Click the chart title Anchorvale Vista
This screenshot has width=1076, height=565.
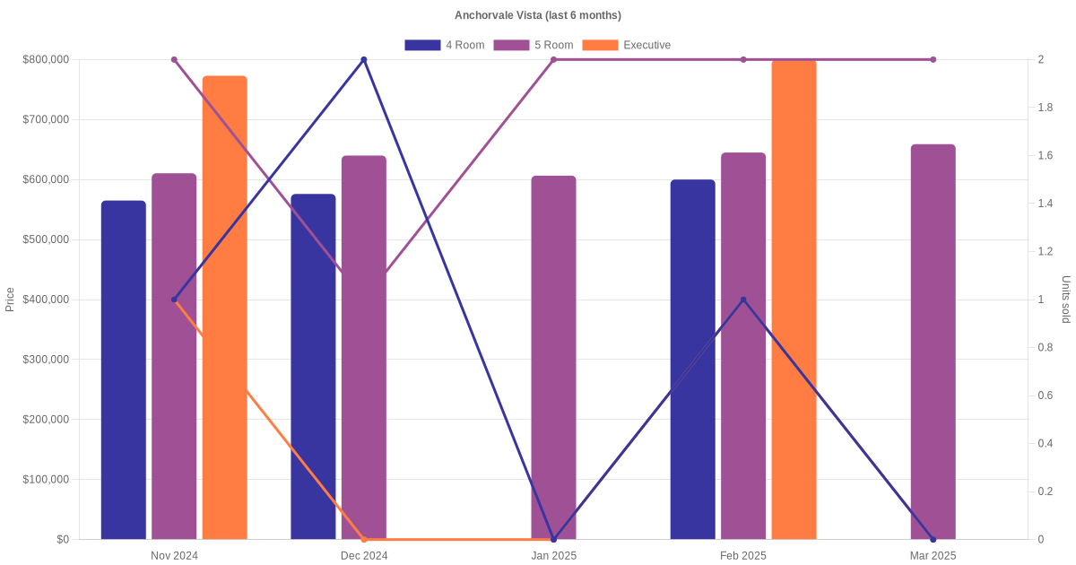tap(537, 15)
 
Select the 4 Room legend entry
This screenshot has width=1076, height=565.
tap(444, 45)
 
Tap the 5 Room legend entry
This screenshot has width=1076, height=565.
tap(533, 45)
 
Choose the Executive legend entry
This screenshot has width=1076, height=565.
tap(626, 45)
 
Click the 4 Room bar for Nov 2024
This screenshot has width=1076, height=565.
tap(124, 369)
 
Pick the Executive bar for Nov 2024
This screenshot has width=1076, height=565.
tap(224, 308)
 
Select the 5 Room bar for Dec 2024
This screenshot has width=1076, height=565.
tap(364, 347)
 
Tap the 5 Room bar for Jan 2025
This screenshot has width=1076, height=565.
tap(553, 357)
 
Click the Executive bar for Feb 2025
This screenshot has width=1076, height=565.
tap(794, 300)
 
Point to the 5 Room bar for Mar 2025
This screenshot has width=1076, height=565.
tap(933, 342)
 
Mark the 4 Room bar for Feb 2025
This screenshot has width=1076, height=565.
tap(693, 359)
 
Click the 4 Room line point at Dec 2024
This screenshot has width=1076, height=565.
tap(364, 60)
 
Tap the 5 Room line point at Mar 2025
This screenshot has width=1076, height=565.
tap(933, 60)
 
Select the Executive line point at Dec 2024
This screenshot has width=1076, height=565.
tap(364, 539)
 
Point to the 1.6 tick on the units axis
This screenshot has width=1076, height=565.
tap(1046, 156)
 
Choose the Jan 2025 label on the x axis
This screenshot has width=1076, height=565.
tap(553, 555)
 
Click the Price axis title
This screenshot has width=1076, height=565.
tap(10, 299)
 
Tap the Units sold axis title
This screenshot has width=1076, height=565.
tap(1065, 299)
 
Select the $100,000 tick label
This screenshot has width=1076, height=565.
tap(45, 479)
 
